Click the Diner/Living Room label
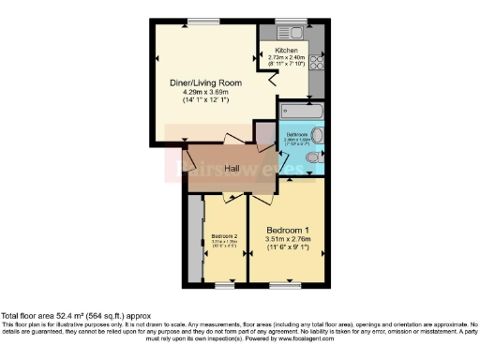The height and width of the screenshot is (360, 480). pyautogui.click(x=205, y=83)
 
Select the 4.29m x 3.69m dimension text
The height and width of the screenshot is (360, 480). pyautogui.click(x=205, y=93)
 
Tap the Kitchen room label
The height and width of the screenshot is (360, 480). pyautogui.click(x=286, y=50)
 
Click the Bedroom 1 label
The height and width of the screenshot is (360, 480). pyautogui.click(x=288, y=230)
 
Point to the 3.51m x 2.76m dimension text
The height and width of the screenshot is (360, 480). pyautogui.click(x=288, y=240)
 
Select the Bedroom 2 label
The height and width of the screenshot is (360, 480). pyautogui.click(x=225, y=235)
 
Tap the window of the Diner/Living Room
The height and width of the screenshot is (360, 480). pyautogui.click(x=197, y=22)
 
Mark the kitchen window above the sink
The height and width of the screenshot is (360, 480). pyautogui.click(x=289, y=22)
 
